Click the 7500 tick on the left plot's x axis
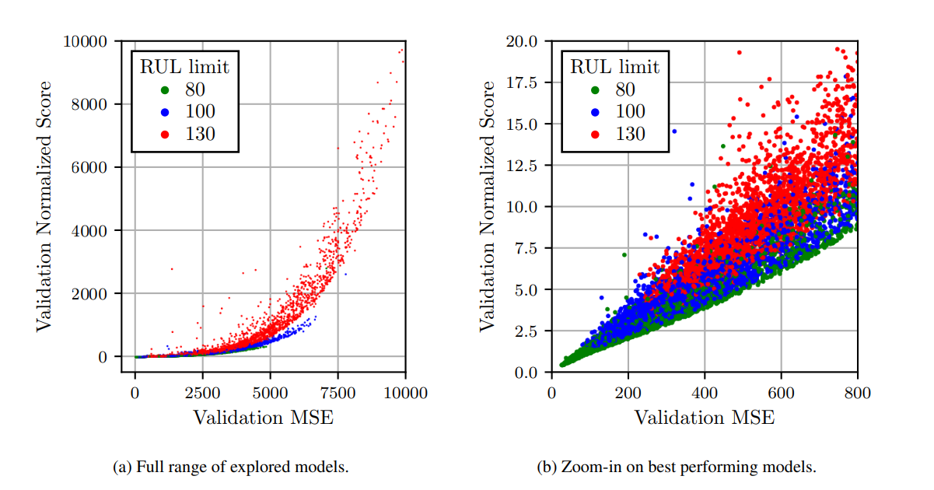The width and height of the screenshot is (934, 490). click(x=338, y=393)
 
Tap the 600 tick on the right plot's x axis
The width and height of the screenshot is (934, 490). click(x=781, y=393)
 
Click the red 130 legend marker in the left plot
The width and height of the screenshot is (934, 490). click(x=164, y=134)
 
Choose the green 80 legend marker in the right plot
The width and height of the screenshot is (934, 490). click(x=595, y=89)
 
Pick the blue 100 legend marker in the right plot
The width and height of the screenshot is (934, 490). click(x=595, y=111)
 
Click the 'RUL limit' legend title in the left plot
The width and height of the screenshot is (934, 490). click(x=184, y=67)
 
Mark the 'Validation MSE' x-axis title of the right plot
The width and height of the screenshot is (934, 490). click(x=704, y=418)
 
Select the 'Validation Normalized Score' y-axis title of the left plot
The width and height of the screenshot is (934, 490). click(x=44, y=205)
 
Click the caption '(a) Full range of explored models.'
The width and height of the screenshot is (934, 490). click(x=230, y=467)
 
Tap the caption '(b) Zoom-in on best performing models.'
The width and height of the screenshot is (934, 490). click(x=676, y=467)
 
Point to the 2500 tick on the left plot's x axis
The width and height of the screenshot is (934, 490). click(x=202, y=393)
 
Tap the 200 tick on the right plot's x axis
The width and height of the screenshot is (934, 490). click(x=628, y=393)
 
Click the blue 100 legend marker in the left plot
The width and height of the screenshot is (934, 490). click(x=164, y=111)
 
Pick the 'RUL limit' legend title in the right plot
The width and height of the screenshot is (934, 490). click(x=614, y=67)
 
